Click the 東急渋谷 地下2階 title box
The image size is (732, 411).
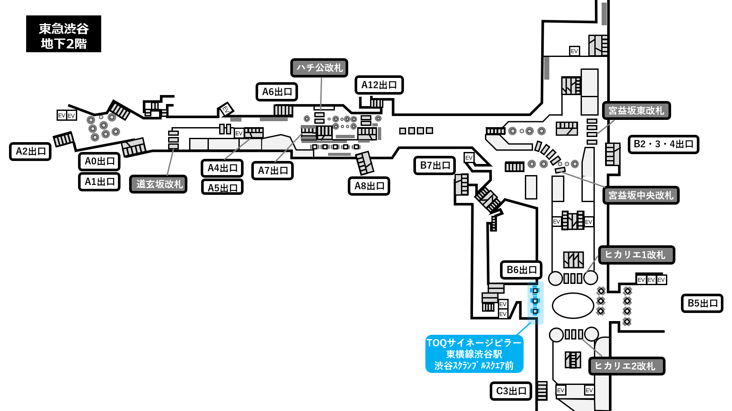coord(64,34)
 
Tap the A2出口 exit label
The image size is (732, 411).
coord(30,152)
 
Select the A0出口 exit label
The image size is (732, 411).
coord(99,161)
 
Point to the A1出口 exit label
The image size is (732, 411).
coord(99,182)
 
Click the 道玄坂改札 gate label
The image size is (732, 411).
coord(159,184)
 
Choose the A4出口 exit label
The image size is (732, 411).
coord(222,168)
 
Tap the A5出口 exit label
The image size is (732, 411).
coord(222,187)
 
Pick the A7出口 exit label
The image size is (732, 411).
coord(273,170)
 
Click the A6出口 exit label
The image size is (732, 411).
coord(277,92)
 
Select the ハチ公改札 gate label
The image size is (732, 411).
coord(319,68)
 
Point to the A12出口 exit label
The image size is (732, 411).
coord(379,85)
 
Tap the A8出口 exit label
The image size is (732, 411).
coord(369,186)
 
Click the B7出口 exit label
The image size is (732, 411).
coord(435,165)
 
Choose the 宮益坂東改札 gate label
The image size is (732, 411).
coord(636,110)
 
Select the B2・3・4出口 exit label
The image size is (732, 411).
coord(663,144)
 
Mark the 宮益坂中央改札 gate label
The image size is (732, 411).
coord(641,195)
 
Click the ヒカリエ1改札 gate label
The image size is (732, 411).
coord(636,255)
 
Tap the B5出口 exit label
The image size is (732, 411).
coord(702,304)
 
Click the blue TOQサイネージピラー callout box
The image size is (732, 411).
coord(474,354)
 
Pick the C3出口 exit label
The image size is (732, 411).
coord(511,391)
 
